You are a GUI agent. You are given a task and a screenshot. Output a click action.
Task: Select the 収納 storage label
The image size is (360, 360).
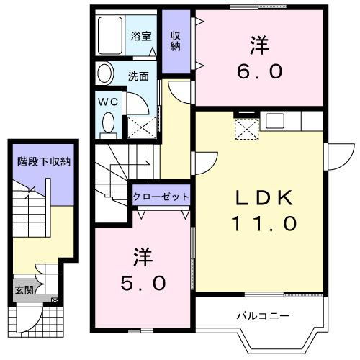(175, 41)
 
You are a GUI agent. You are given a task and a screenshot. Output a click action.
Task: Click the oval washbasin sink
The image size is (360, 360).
(105, 74)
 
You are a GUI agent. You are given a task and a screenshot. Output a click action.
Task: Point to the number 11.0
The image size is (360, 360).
(263, 223)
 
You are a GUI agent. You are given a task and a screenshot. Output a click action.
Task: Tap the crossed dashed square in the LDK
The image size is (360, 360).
(248, 129)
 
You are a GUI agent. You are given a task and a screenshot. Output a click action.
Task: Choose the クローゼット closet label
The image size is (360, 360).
(161, 196)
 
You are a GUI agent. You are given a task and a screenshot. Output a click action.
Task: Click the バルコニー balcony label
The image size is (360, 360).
(263, 316)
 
